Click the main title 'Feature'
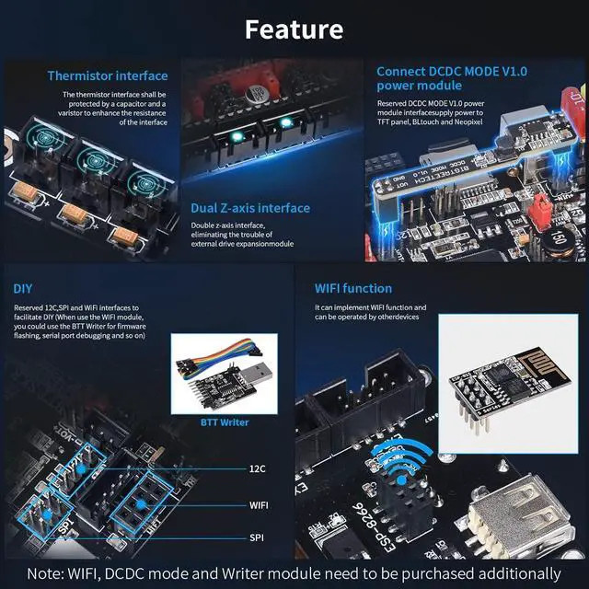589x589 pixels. pos(294,29)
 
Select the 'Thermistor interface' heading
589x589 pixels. pos(108,75)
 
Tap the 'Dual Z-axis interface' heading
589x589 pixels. pos(250,208)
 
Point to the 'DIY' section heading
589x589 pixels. pos(24,288)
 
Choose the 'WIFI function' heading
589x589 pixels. pos(353,288)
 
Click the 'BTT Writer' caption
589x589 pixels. pos(224,422)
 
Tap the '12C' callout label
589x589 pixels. pos(259,469)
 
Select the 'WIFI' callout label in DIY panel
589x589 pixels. pos(260,504)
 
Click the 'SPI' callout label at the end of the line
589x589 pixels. pos(258,537)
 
